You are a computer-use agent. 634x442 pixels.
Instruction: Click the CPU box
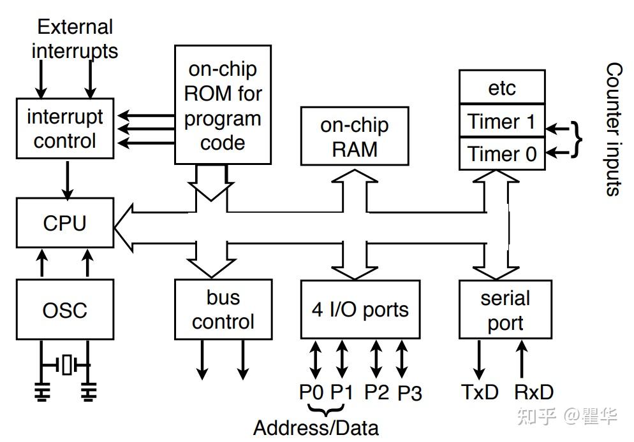click(x=64, y=223)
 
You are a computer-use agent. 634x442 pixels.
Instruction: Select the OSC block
click(x=64, y=310)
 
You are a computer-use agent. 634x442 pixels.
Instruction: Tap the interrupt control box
click(x=64, y=129)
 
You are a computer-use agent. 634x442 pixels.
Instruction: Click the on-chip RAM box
click(x=354, y=137)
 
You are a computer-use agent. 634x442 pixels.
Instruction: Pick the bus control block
click(x=223, y=310)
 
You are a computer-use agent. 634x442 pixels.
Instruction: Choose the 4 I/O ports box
click(x=360, y=310)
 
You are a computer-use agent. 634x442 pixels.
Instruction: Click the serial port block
click(x=505, y=310)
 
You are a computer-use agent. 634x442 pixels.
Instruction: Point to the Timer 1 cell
click(x=502, y=121)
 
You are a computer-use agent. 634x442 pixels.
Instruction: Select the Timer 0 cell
click(x=502, y=153)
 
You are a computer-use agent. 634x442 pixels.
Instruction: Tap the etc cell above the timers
click(x=502, y=87)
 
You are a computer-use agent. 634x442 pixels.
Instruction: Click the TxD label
click(x=480, y=392)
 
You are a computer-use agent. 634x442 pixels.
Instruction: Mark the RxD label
click(x=534, y=392)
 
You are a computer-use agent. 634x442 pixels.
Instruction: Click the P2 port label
click(x=376, y=392)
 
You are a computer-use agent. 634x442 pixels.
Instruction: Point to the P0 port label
click(x=311, y=392)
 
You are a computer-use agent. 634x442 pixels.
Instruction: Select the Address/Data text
click(x=316, y=427)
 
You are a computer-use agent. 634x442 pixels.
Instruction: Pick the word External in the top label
click(x=75, y=27)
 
